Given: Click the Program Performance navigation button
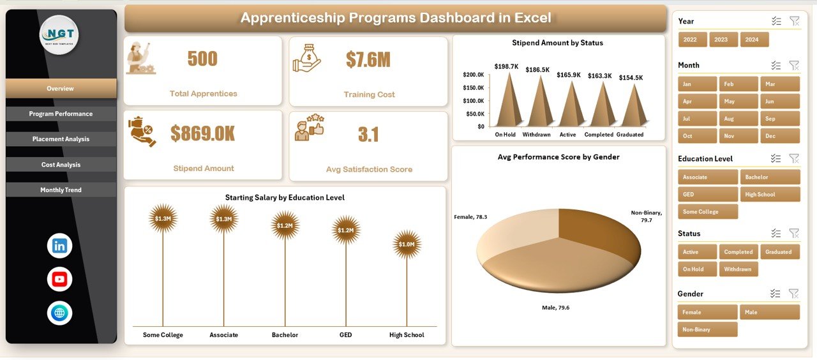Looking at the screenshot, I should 61,114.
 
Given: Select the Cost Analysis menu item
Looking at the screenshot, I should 61,165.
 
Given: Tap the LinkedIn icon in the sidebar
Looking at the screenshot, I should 59,246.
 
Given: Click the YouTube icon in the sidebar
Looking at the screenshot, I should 59,279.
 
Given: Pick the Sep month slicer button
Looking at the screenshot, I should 779,119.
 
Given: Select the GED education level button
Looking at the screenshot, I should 707,195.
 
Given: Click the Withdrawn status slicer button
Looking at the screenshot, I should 738,269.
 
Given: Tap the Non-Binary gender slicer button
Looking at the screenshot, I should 707,329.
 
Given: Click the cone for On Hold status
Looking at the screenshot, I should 506,102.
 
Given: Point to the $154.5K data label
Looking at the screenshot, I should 631,78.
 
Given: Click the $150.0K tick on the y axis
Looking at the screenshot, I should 473,87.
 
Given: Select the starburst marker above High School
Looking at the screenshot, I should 407,244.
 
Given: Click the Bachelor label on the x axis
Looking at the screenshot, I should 285,335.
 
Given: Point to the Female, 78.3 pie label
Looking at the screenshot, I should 470,217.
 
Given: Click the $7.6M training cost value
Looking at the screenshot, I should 368,59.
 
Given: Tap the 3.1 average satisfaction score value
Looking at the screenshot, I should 368,135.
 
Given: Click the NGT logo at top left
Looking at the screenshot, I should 59,35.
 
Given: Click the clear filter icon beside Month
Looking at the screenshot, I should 793,65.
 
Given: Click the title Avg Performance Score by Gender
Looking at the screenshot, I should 558,157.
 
